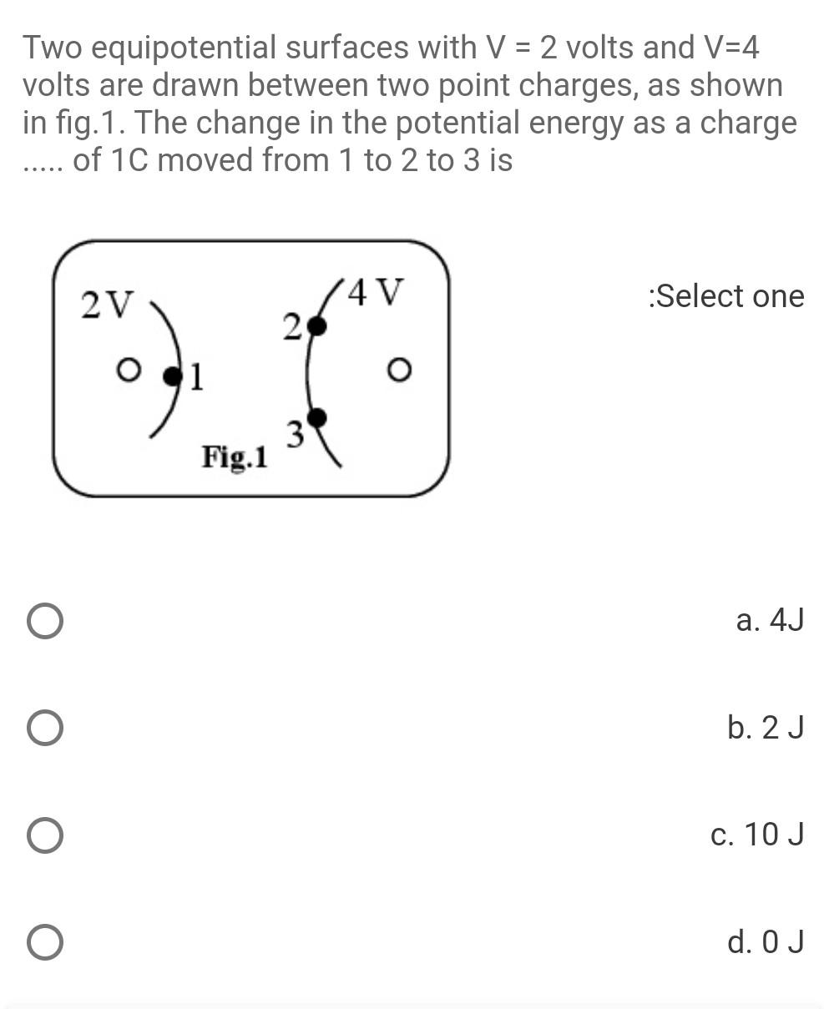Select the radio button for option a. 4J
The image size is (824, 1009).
point(44,622)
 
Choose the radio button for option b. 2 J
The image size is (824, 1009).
point(44,728)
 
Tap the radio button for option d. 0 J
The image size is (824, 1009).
point(44,942)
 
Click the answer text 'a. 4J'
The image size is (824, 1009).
point(769,621)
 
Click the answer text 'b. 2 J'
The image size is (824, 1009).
point(765,728)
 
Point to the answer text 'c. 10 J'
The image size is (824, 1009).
point(756,835)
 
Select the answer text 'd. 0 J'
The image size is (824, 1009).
point(765,942)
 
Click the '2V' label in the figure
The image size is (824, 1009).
point(106,305)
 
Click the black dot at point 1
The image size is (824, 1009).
point(172,377)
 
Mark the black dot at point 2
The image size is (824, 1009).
point(316,326)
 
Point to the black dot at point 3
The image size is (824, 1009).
point(316,417)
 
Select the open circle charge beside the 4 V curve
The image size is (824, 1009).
point(399,369)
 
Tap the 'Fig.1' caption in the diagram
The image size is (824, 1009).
point(235,457)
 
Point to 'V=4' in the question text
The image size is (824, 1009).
point(731,48)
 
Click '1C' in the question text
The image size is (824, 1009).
point(129,159)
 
